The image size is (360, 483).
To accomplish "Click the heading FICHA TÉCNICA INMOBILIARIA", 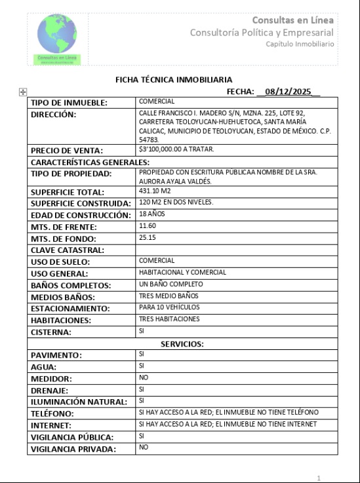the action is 173,79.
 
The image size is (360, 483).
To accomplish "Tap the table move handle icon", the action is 24,93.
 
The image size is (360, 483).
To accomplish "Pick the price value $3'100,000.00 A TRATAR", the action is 176,149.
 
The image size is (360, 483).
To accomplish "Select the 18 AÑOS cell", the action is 151,214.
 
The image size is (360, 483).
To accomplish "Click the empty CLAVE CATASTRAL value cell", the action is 236,250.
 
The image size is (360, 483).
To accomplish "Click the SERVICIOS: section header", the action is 182,343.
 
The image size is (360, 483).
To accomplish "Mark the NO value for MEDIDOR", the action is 144,378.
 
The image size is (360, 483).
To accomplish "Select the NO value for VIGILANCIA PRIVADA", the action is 144,448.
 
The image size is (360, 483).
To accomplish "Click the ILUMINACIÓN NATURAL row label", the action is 79,402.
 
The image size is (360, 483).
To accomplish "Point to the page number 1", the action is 319,478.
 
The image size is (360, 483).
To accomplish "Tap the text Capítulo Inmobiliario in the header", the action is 300,43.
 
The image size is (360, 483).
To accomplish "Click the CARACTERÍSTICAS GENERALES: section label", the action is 90,162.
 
